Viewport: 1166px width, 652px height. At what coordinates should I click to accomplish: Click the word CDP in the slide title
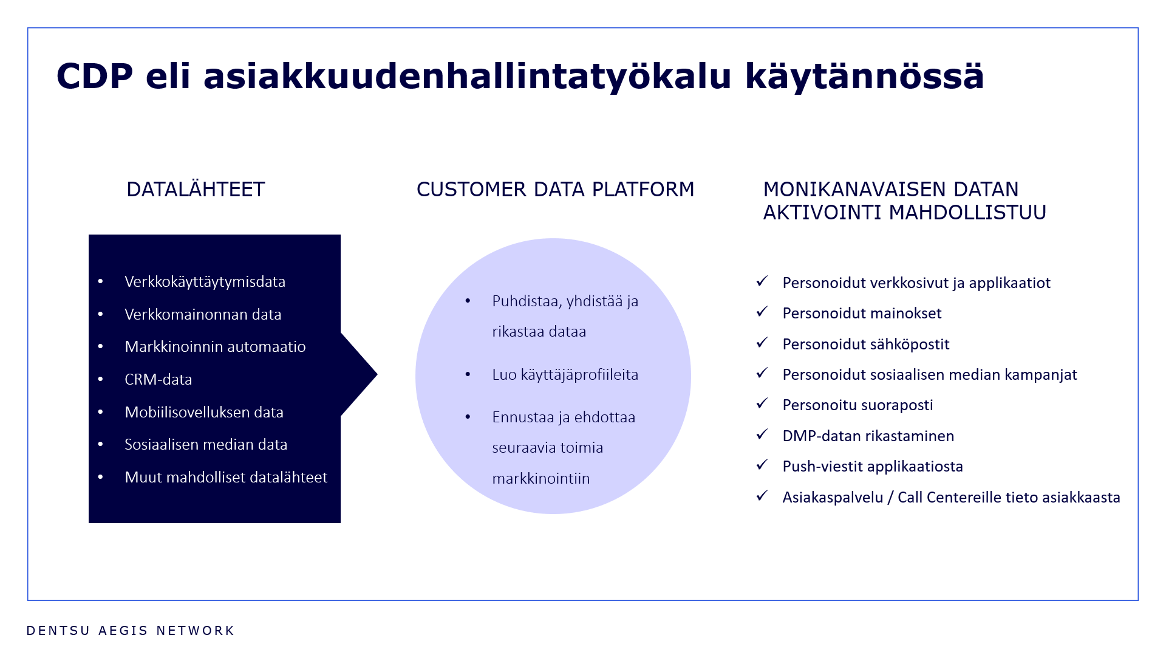point(95,77)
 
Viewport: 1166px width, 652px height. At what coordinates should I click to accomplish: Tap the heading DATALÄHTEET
point(196,190)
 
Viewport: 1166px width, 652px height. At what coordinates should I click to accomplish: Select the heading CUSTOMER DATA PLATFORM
point(555,190)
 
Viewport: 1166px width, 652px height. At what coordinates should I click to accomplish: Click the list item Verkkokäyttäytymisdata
point(205,282)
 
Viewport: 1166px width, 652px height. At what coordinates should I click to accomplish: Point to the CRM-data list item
point(158,380)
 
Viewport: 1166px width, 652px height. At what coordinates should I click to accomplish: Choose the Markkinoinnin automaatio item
point(215,347)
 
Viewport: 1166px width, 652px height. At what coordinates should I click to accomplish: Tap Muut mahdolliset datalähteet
point(226,478)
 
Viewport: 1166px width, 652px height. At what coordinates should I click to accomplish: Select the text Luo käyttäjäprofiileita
point(565,375)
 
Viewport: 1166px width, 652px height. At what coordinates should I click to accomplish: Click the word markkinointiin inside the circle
point(540,479)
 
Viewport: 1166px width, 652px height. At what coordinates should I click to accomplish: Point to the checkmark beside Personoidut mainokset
point(762,312)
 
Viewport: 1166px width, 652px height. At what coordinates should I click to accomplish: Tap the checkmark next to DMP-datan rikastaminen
point(762,435)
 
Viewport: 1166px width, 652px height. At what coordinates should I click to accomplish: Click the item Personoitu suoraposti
point(857,405)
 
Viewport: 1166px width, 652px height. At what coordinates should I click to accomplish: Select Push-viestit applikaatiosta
point(873,467)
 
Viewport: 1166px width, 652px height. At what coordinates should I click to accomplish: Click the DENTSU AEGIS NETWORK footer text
point(131,631)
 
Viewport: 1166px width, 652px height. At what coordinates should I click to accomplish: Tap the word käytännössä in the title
point(864,77)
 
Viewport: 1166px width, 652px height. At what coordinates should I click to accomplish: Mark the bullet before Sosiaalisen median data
point(101,445)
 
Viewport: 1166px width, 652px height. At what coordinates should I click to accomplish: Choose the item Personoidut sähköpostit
point(865,345)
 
